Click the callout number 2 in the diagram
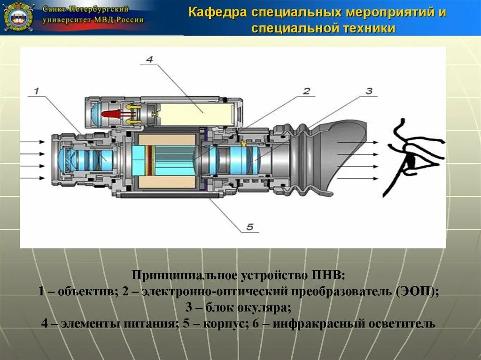click(306, 91)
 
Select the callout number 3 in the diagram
click(369, 91)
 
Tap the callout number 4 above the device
click(149, 60)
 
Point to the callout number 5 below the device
click(250, 227)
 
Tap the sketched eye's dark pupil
click(411, 161)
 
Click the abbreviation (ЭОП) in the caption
click(417, 291)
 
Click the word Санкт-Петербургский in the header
click(85, 9)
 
